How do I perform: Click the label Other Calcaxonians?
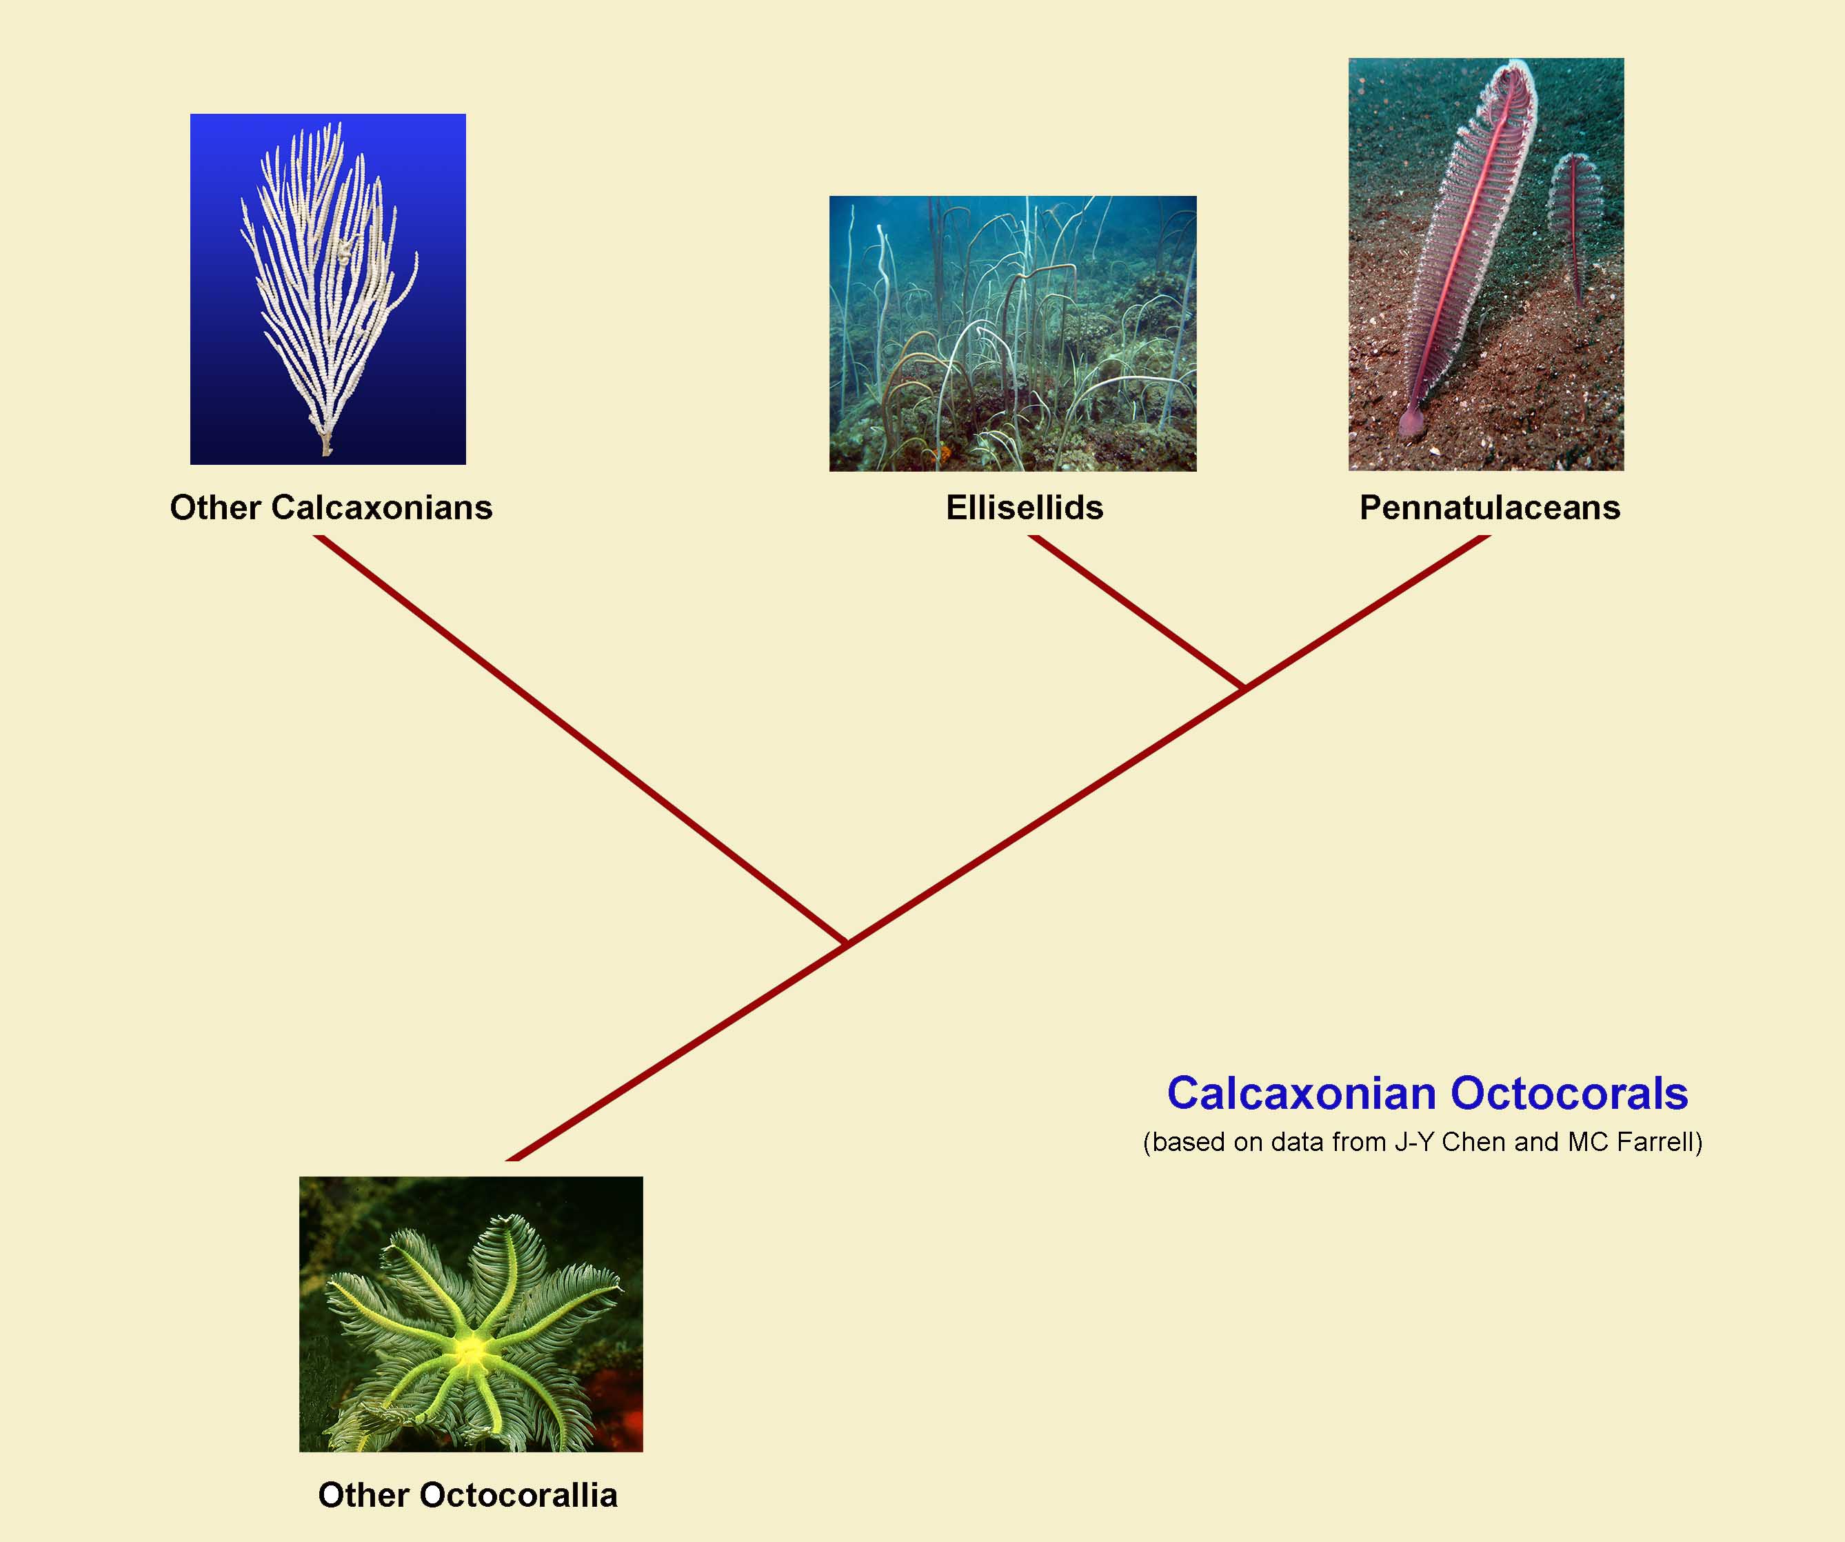tap(331, 508)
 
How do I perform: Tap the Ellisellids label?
tap(1025, 508)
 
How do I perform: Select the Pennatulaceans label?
tap(1490, 508)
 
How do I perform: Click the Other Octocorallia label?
tap(467, 1494)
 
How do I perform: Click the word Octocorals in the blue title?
tap(1569, 1094)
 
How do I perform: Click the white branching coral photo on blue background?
tap(327, 289)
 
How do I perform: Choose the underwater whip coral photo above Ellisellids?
tap(1013, 333)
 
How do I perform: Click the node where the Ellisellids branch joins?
tap(1242, 687)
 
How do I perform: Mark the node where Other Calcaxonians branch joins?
tap(846, 943)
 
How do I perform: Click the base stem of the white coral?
tap(327, 443)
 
